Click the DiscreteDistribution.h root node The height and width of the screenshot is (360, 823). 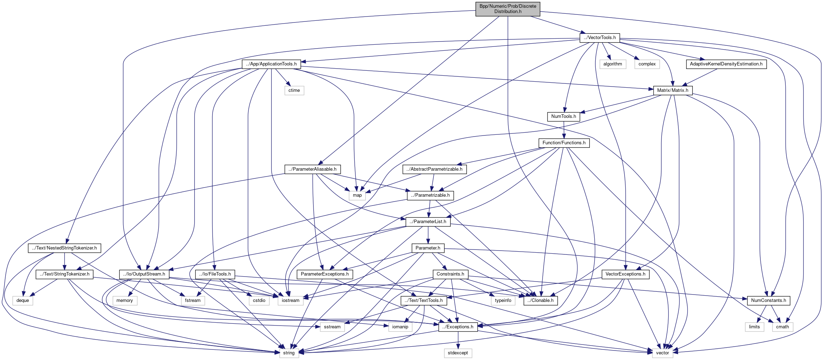tap(507, 9)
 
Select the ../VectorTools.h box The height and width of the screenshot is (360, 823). tap(599, 38)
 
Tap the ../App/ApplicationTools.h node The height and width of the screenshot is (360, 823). tap(271, 64)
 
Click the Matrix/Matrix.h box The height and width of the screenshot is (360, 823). tap(672, 90)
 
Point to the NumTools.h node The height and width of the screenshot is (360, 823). tap(563, 116)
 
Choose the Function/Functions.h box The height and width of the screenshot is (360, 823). tap(564, 143)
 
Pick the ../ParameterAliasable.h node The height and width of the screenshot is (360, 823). tap(312, 169)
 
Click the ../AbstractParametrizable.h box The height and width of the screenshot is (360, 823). tap(434, 169)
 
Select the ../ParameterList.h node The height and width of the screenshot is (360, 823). tap(428, 222)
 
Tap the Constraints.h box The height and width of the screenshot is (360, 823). tap(450, 274)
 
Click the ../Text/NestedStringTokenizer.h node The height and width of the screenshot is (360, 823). tap(64, 248)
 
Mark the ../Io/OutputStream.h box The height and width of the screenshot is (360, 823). tap(144, 274)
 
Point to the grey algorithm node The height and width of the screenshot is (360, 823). tap(613, 64)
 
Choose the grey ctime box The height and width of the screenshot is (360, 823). tap(294, 90)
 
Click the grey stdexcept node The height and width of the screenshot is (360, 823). tap(458, 353)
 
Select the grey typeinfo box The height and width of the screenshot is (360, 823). tap(503, 301)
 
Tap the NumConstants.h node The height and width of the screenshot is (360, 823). tap(768, 301)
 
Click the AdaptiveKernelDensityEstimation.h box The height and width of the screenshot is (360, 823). tap(726, 64)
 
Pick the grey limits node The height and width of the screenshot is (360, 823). tap(754, 327)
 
